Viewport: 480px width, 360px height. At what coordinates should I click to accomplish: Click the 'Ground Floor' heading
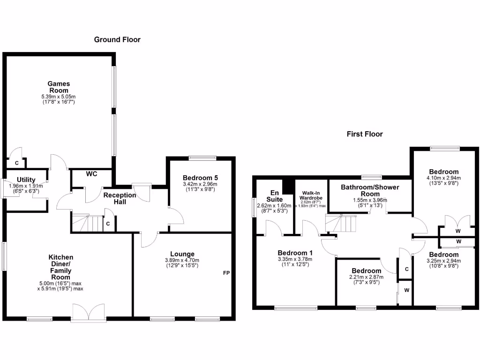pos(117,40)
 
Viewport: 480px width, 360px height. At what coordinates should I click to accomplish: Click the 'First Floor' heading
pos(365,134)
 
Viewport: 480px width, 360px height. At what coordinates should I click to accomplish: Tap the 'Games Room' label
pos(59,87)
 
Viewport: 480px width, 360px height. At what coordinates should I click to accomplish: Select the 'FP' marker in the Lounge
pos(226,273)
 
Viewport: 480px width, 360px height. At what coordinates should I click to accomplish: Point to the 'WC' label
pos(91,174)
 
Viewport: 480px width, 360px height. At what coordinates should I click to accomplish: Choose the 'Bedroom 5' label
pos(200,178)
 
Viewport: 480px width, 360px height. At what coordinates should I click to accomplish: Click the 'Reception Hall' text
pos(120,198)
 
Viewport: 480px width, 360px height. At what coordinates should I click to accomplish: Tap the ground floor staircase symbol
pos(87,223)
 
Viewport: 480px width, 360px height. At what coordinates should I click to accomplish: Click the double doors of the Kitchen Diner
pos(88,313)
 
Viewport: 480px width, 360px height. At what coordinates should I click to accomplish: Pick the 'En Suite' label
pos(274,195)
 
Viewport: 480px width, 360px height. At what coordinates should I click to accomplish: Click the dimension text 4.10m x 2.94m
pos(443,178)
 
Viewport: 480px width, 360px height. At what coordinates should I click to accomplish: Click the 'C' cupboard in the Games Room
pos(17,163)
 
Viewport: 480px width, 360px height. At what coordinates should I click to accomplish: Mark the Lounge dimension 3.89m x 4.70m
pos(182,261)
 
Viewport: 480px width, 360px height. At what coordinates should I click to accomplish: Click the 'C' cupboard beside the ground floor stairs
pos(108,224)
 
